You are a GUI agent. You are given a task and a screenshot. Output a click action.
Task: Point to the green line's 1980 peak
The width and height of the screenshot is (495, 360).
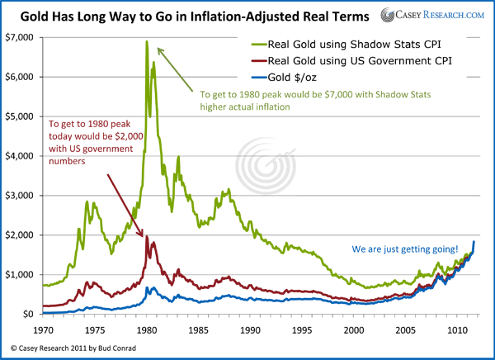tap(147, 41)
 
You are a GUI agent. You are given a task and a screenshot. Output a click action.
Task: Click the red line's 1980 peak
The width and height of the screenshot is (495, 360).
tap(147, 236)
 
